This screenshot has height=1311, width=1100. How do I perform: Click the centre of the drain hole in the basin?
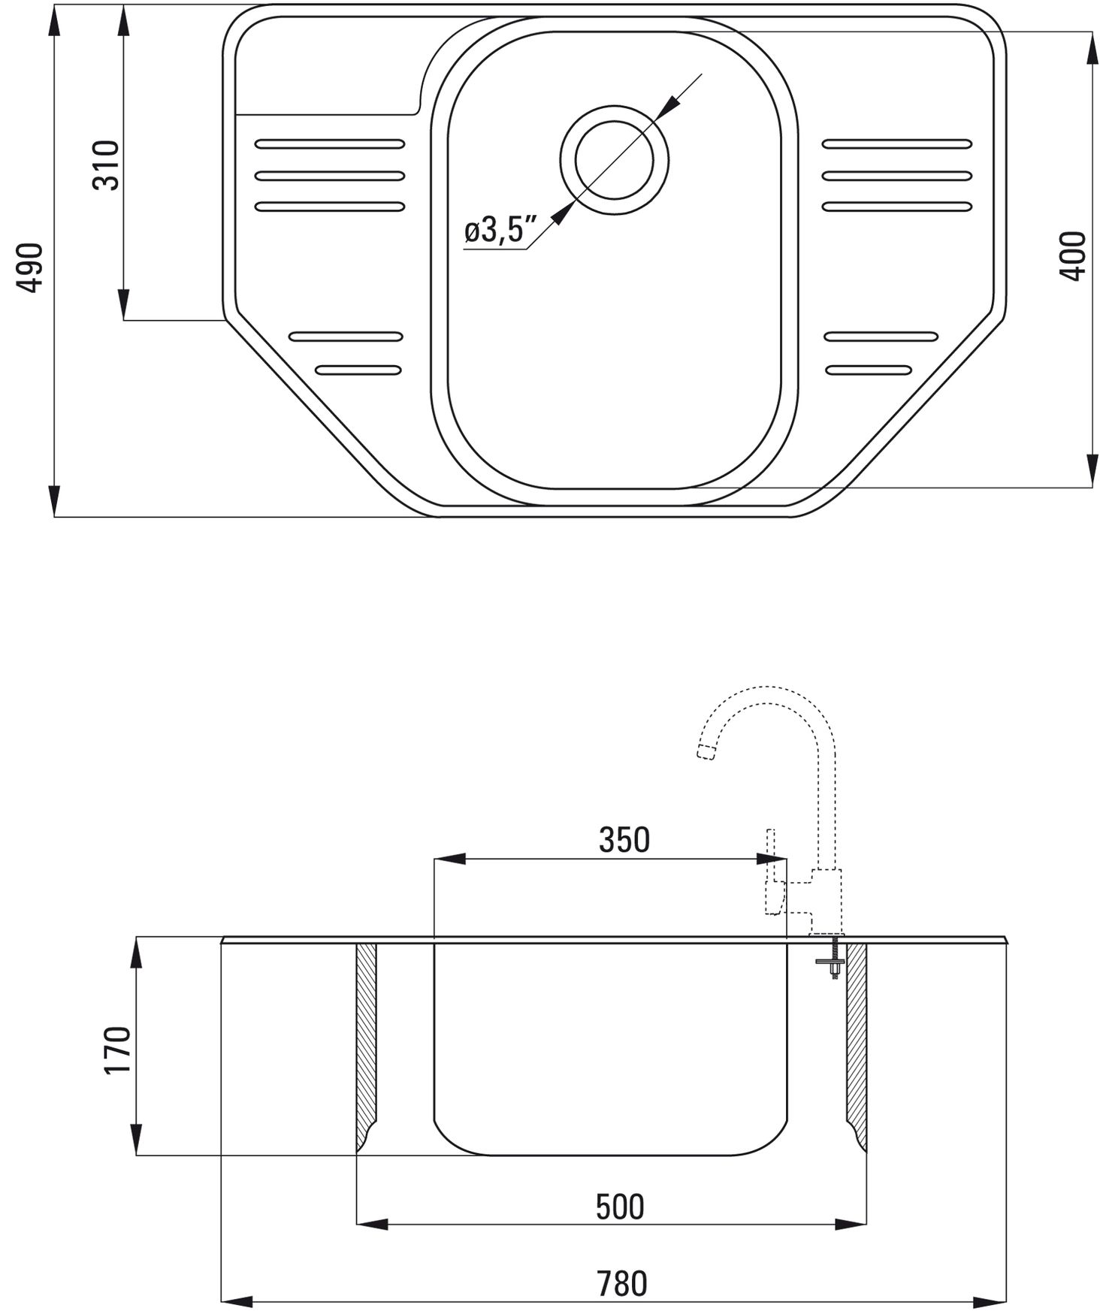tap(614, 160)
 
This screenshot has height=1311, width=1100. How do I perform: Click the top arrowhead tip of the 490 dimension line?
tap(54, 9)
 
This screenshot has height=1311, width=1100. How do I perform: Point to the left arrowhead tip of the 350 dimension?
tap(436, 859)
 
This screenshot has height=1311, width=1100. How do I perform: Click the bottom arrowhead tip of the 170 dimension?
tap(136, 1155)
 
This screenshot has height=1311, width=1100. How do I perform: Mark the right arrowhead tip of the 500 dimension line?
tap(866, 1225)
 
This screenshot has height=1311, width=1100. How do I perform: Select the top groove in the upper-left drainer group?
tap(330, 143)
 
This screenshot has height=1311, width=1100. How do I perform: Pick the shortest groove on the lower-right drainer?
tap(869, 370)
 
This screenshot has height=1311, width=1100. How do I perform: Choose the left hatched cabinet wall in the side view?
tap(366, 1047)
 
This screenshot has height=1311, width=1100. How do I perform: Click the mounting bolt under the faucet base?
tap(834, 959)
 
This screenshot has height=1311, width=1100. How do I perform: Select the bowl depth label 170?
tap(118, 1050)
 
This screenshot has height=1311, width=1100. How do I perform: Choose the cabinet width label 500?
tap(621, 1207)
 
